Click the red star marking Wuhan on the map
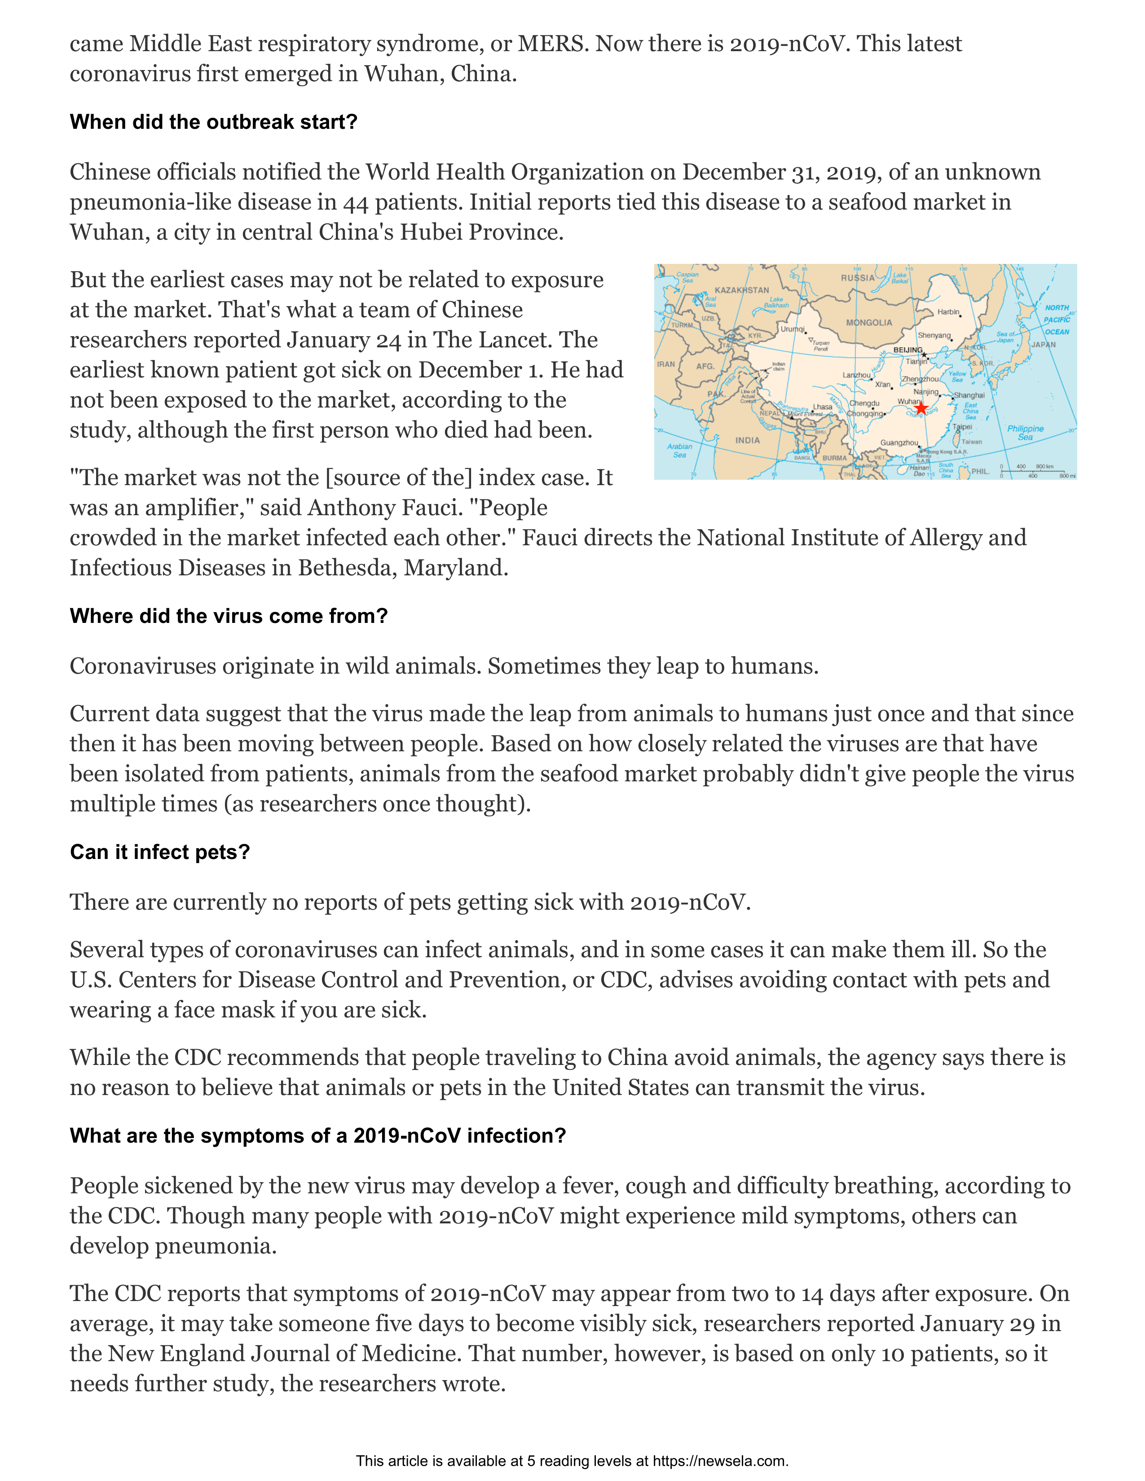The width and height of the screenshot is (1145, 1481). [920, 407]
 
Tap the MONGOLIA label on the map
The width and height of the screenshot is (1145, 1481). [868, 323]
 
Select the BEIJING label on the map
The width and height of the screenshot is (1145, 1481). [907, 350]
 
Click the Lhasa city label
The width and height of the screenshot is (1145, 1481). [822, 407]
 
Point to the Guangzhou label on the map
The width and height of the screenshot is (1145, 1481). [899, 443]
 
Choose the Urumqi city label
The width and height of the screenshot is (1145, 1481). [792, 329]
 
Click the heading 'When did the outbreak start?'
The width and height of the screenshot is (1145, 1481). [213, 122]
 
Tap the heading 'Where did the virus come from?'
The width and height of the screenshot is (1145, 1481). [229, 616]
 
